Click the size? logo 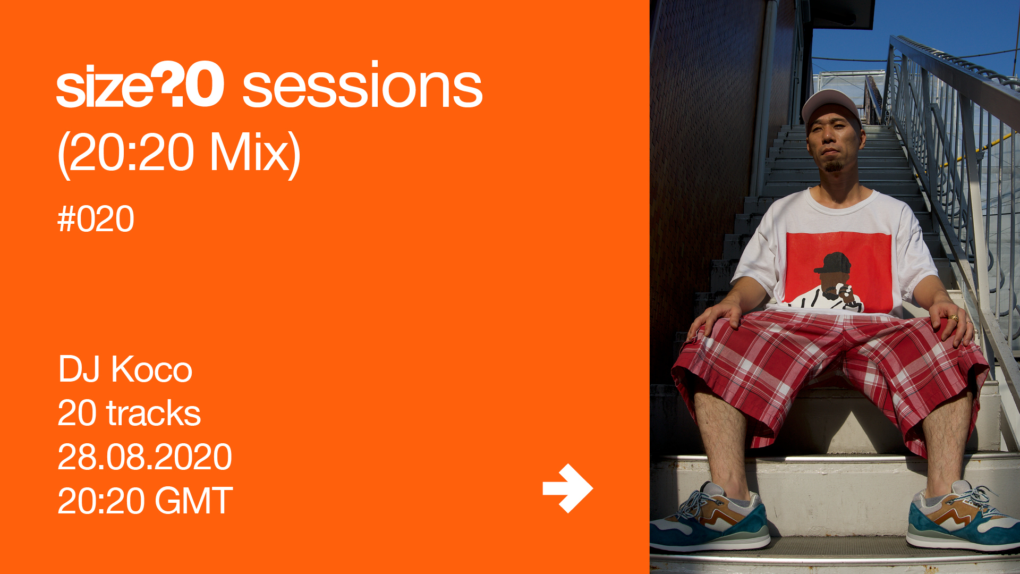tap(140, 85)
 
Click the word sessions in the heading tap(362, 85)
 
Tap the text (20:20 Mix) tap(179, 153)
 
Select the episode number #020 tap(96, 219)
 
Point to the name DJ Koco tap(125, 369)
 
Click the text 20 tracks tap(129, 413)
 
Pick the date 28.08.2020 tap(144, 457)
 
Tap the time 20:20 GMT tap(145, 501)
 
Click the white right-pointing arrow tap(567, 488)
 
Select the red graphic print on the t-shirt tap(838, 273)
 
